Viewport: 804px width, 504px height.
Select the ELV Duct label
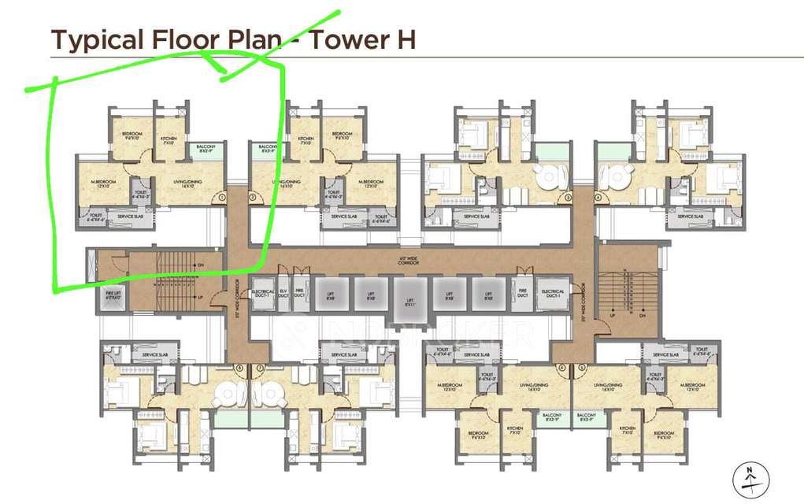click(x=283, y=294)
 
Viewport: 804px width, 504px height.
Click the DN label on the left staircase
click(x=200, y=265)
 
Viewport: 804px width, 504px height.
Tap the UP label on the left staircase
click(x=200, y=297)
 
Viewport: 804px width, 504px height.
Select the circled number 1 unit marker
click(x=222, y=197)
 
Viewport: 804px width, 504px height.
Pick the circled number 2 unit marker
click(x=252, y=197)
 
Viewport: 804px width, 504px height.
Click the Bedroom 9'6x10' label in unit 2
click(x=342, y=135)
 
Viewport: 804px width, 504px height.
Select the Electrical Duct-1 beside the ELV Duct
click(x=261, y=294)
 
